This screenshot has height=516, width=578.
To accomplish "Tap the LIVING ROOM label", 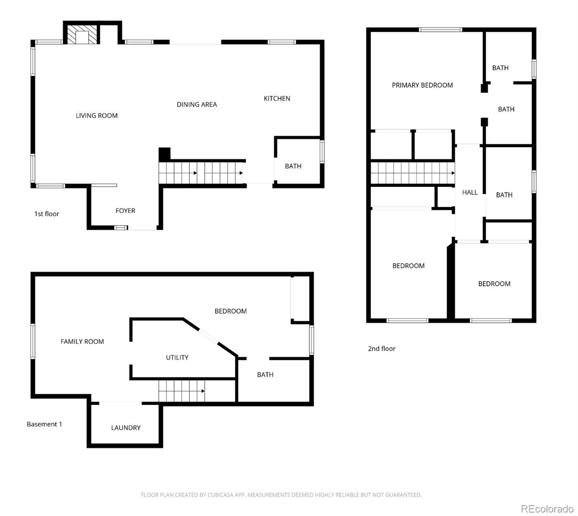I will tap(96, 115).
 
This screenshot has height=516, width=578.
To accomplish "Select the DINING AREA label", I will tap(197, 104).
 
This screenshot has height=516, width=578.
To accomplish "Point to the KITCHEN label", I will tap(277, 98).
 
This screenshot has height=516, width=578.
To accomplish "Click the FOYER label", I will tap(125, 211).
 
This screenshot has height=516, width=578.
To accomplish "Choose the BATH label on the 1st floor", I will tap(293, 166).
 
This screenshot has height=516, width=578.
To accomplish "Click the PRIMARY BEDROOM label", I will tap(422, 85).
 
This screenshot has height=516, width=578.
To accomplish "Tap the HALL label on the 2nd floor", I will tap(470, 192).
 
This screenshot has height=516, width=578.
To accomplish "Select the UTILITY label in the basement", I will tap(177, 357).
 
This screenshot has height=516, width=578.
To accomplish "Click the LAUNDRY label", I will tap(126, 427).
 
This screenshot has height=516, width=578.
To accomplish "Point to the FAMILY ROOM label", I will tap(82, 341).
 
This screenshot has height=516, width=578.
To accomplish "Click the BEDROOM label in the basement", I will tap(231, 311).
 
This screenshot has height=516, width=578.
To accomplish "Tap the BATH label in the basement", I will tap(265, 375).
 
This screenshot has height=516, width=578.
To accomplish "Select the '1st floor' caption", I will tap(46, 214).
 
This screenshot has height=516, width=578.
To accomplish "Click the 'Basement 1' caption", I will tap(44, 424).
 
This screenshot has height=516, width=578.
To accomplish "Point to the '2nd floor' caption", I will tap(381, 348).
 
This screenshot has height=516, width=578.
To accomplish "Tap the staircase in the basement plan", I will tap(181, 391).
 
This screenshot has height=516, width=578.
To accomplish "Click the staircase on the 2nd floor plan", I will tap(412, 173).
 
